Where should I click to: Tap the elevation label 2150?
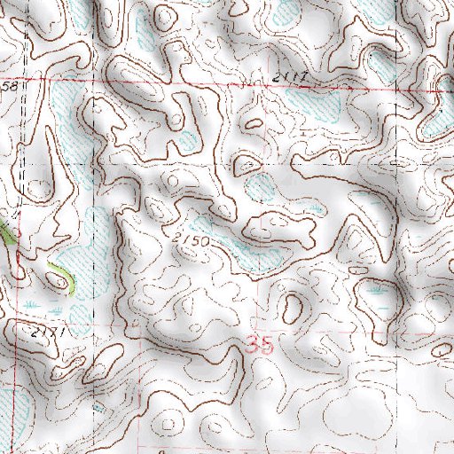[x=191, y=240]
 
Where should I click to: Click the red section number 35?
[x=261, y=345]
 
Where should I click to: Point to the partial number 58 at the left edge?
[x=11, y=86]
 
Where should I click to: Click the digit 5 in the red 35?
[x=267, y=345]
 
